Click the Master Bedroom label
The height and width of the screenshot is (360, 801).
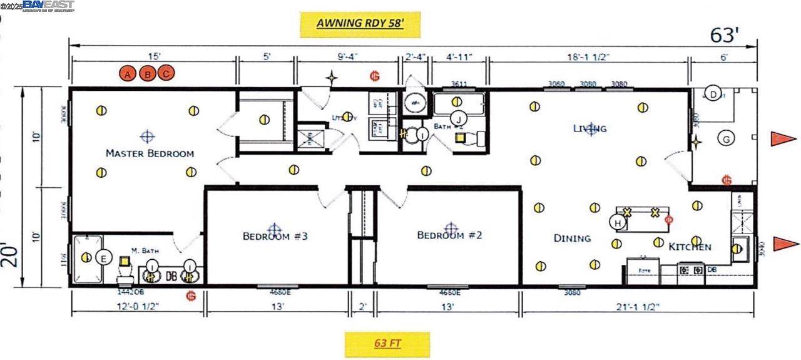(x=150, y=153)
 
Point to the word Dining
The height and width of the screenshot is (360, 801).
(x=572, y=238)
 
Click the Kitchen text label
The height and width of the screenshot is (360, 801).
(x=690, y=247)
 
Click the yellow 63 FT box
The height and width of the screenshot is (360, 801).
(x=387, y=344)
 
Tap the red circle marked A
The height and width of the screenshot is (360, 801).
(x=128, y=74)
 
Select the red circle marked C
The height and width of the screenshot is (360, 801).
(x=166, y=74)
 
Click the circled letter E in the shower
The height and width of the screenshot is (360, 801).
(x=104, y=258)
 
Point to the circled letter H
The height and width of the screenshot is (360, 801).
(x=618, y=222)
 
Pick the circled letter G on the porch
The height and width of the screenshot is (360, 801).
(x=726, y=138)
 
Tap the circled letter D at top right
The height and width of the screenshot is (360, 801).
(x=713, y=94)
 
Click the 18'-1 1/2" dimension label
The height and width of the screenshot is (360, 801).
(x=588, y=57)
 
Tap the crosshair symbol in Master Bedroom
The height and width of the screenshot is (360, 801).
(x=147, y=136)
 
